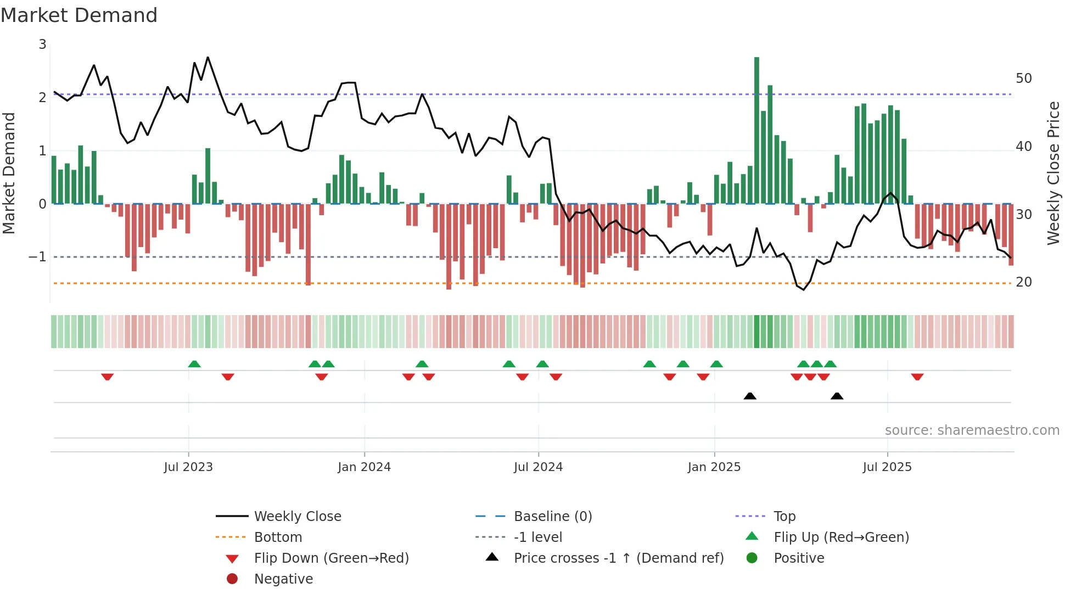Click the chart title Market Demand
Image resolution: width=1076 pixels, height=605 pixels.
point(79,15)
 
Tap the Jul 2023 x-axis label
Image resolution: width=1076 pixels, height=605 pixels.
point(188,467)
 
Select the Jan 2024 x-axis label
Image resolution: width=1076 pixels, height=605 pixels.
point(364,467)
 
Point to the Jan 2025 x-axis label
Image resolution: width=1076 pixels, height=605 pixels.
point(714,467)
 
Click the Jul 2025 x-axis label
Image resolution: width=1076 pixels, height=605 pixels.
point(887,467)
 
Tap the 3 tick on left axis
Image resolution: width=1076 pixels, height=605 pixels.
point(42,44)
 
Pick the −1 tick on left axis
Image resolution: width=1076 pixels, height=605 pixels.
point(37,257)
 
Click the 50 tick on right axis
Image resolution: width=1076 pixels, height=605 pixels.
point(1023,79)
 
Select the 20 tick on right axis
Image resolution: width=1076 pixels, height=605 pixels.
point(1023,282)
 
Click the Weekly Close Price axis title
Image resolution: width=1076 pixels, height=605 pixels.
point(1053,173)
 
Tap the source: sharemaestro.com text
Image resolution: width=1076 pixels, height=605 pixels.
point(972,430)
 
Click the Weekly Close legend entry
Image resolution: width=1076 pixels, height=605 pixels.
point(297,517)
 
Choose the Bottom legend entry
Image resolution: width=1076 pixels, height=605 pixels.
point(278,537)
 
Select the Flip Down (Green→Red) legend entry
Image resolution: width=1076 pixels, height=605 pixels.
point(331,558)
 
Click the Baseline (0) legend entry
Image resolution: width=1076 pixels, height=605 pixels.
point(552,517)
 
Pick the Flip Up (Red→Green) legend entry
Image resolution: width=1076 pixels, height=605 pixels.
point(841,537)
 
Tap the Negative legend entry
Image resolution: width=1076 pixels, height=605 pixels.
point(283,579)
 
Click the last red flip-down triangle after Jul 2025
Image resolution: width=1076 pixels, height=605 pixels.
point(917,377)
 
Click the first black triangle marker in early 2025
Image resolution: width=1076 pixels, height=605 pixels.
point(750,396)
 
